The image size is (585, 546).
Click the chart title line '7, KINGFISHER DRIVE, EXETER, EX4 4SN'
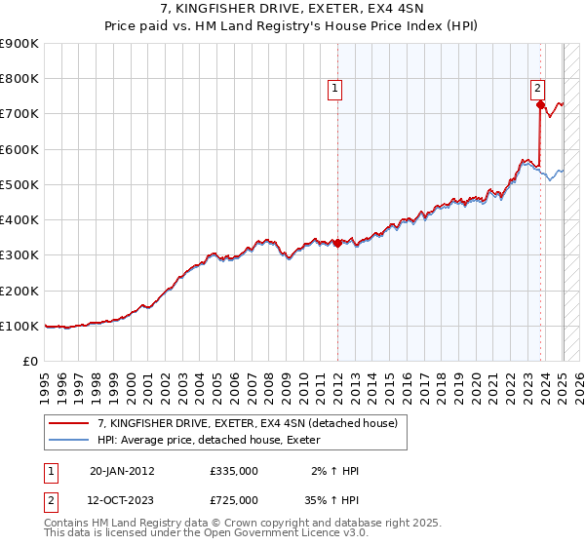292,11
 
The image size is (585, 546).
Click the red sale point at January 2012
337,244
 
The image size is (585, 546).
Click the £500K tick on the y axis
20,184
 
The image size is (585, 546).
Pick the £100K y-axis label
20,326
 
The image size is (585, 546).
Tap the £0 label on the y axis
29,361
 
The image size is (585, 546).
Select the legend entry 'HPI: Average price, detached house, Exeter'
215,441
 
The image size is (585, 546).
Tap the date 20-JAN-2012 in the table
122,471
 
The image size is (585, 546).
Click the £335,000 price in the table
234,471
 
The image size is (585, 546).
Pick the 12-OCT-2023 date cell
122,500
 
